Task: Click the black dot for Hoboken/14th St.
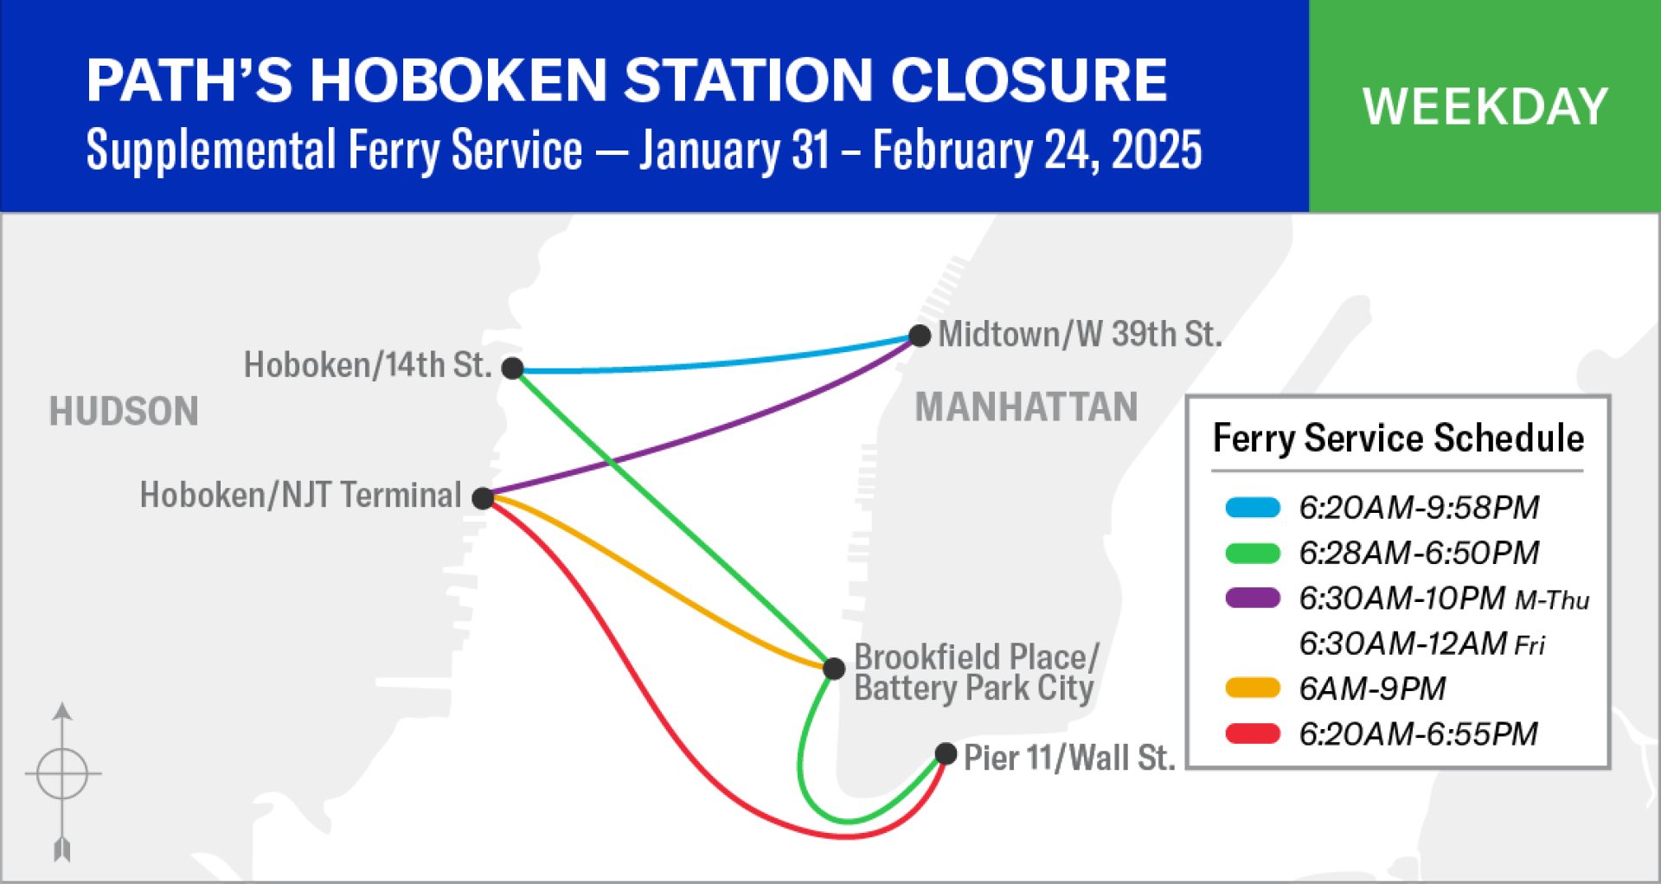click(513, 368)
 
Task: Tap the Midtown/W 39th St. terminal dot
click(920, 336)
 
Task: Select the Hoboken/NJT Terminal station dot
click(483, 498)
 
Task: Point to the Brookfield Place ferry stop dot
click(834, 669)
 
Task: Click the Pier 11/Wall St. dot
click(946, 754)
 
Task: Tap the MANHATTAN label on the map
click(1026, 407)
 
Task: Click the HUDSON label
click(124, 412)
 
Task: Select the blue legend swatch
click(1253, 508)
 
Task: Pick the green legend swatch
click(1253, 553)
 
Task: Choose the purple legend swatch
click(1253, 598)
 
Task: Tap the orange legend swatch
click(1253, 689)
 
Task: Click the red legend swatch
click(1253, 733)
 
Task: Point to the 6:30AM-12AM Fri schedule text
click(1422, 644)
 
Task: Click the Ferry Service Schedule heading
click(1398, 439)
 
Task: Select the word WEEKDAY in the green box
click(1485, 106)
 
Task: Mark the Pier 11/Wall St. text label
click(1069, 759)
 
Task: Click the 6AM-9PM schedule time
click(1372, 689)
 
